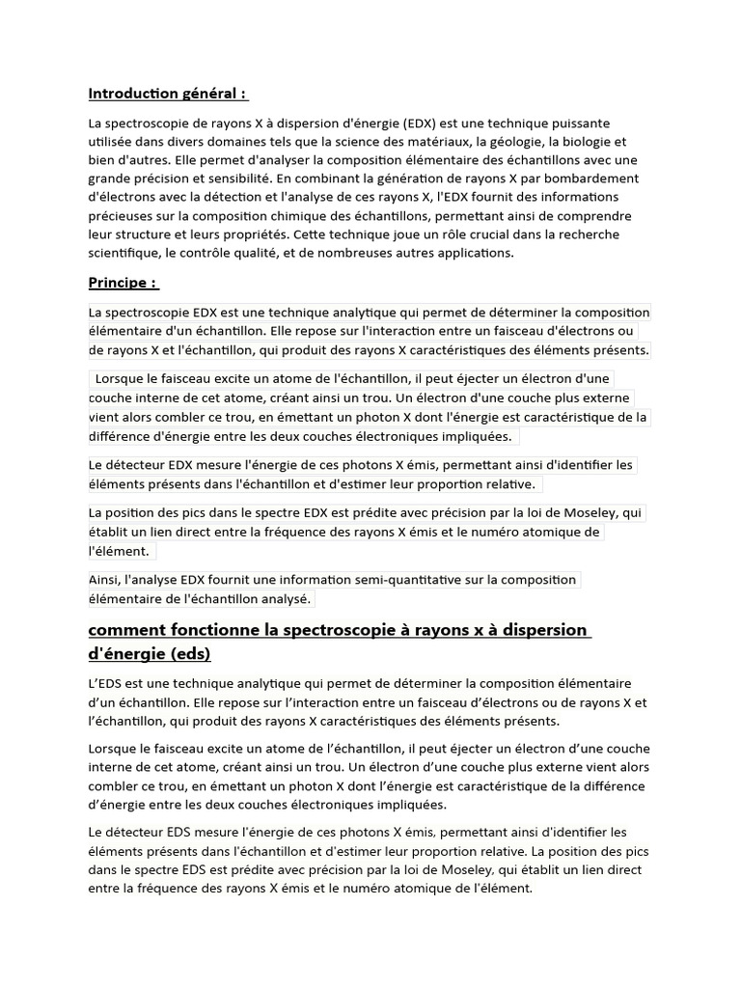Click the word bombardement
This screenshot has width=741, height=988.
point(592,178)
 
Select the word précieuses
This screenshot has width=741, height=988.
point(124,216)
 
